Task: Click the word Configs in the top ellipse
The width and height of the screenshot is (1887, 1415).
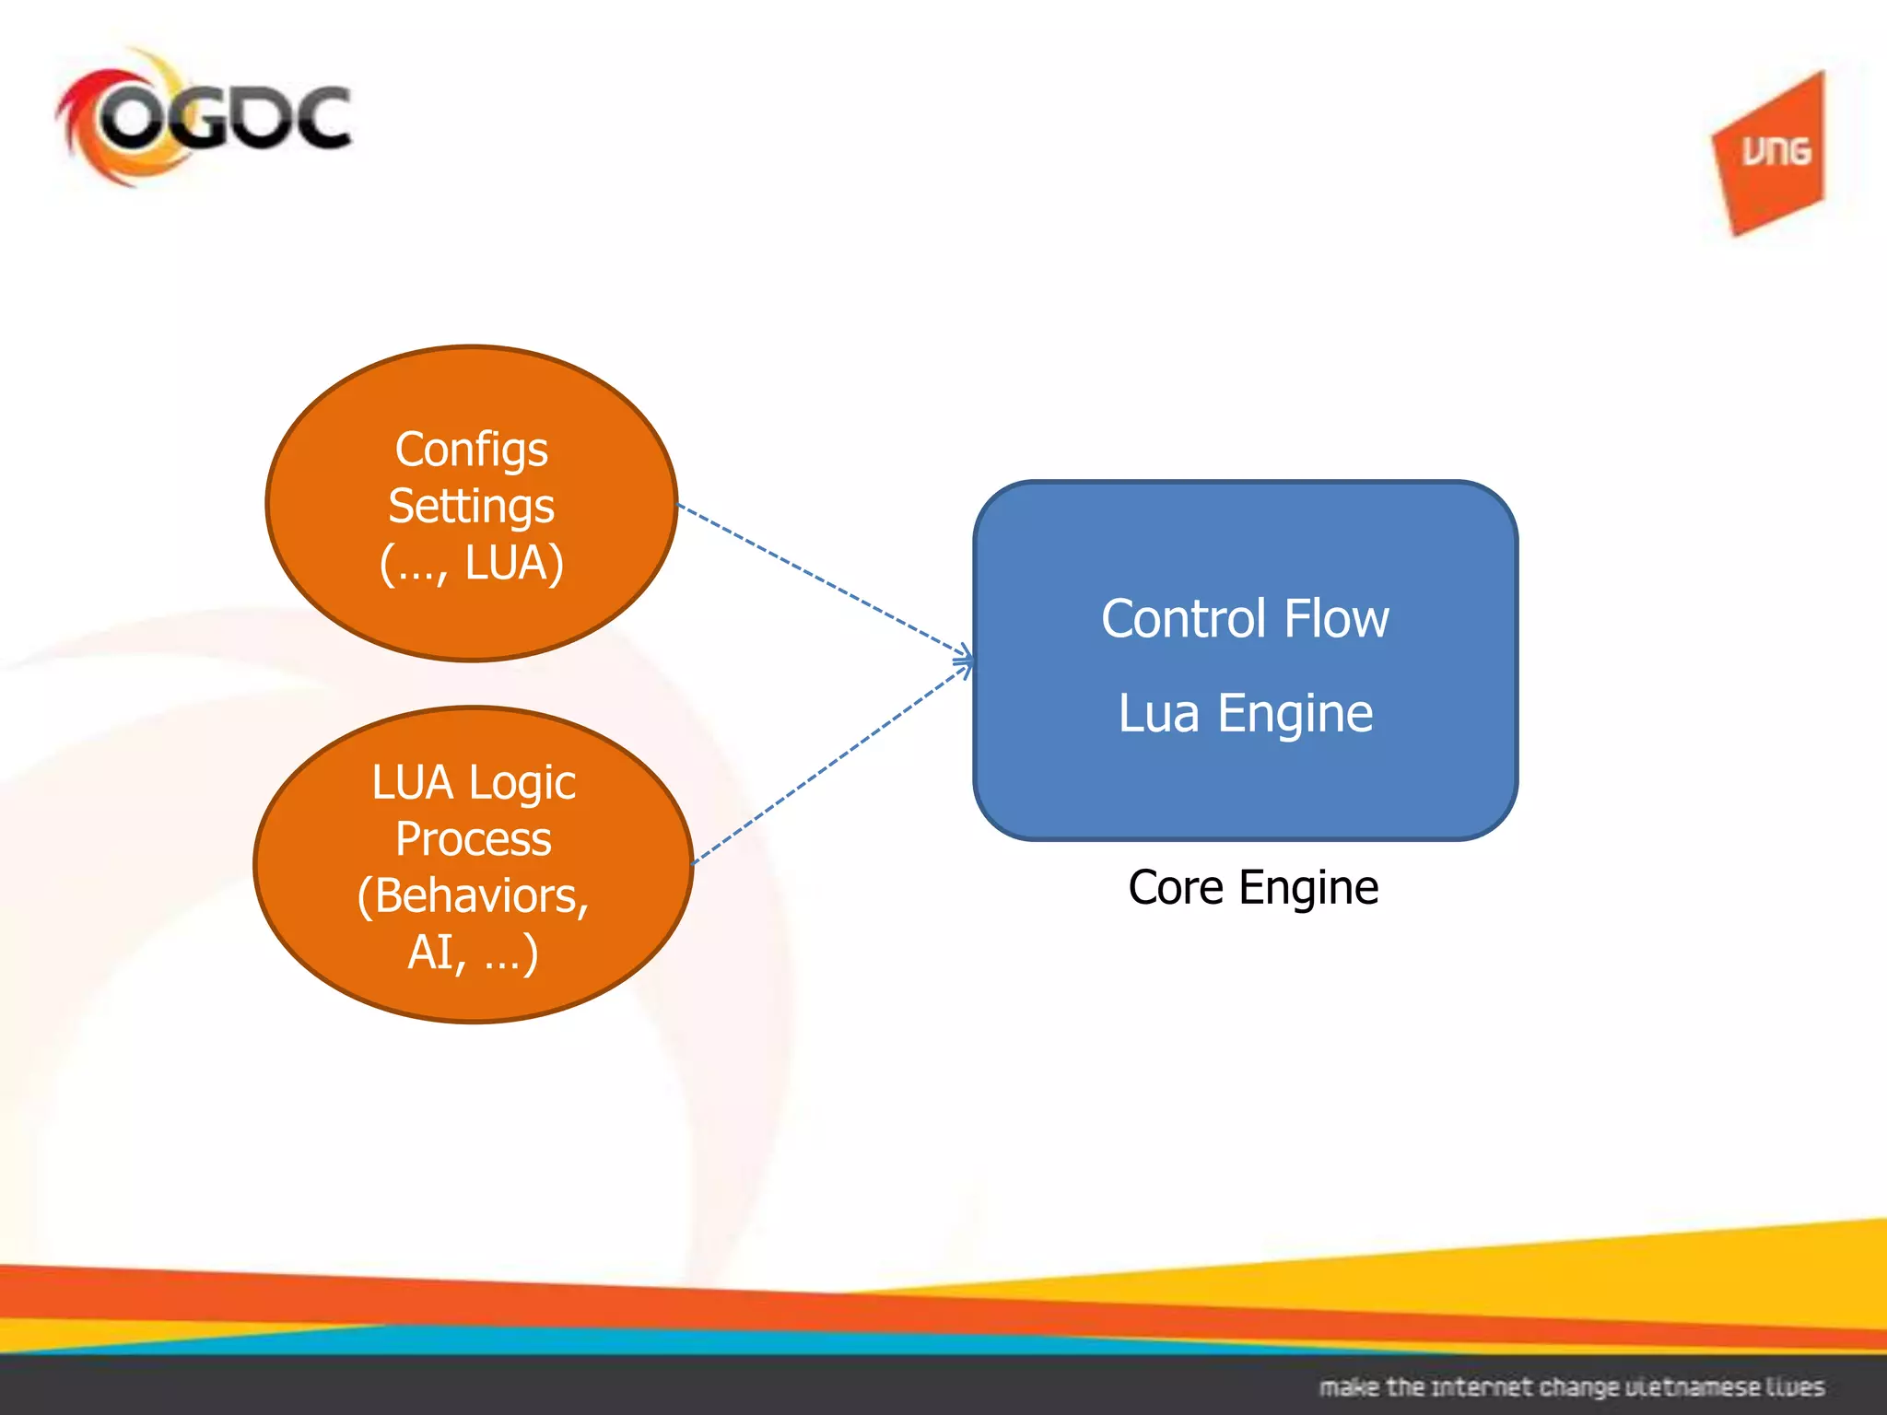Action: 471,450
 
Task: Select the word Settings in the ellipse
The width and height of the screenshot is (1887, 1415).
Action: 471,507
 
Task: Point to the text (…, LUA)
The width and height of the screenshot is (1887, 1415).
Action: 471,563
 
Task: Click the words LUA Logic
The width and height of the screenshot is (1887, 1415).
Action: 474,783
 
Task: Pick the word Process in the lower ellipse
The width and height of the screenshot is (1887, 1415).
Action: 473,839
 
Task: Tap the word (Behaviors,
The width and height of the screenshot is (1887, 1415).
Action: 473,896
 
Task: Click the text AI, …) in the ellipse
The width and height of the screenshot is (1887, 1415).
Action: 473,953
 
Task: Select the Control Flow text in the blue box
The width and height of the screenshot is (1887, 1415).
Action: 1245,618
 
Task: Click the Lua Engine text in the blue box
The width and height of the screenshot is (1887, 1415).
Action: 1245,713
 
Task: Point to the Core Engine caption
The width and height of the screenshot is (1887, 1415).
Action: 1253,888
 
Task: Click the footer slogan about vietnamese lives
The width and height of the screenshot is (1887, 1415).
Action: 1571,1386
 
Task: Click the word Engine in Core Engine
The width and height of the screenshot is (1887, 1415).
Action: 1308,888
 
